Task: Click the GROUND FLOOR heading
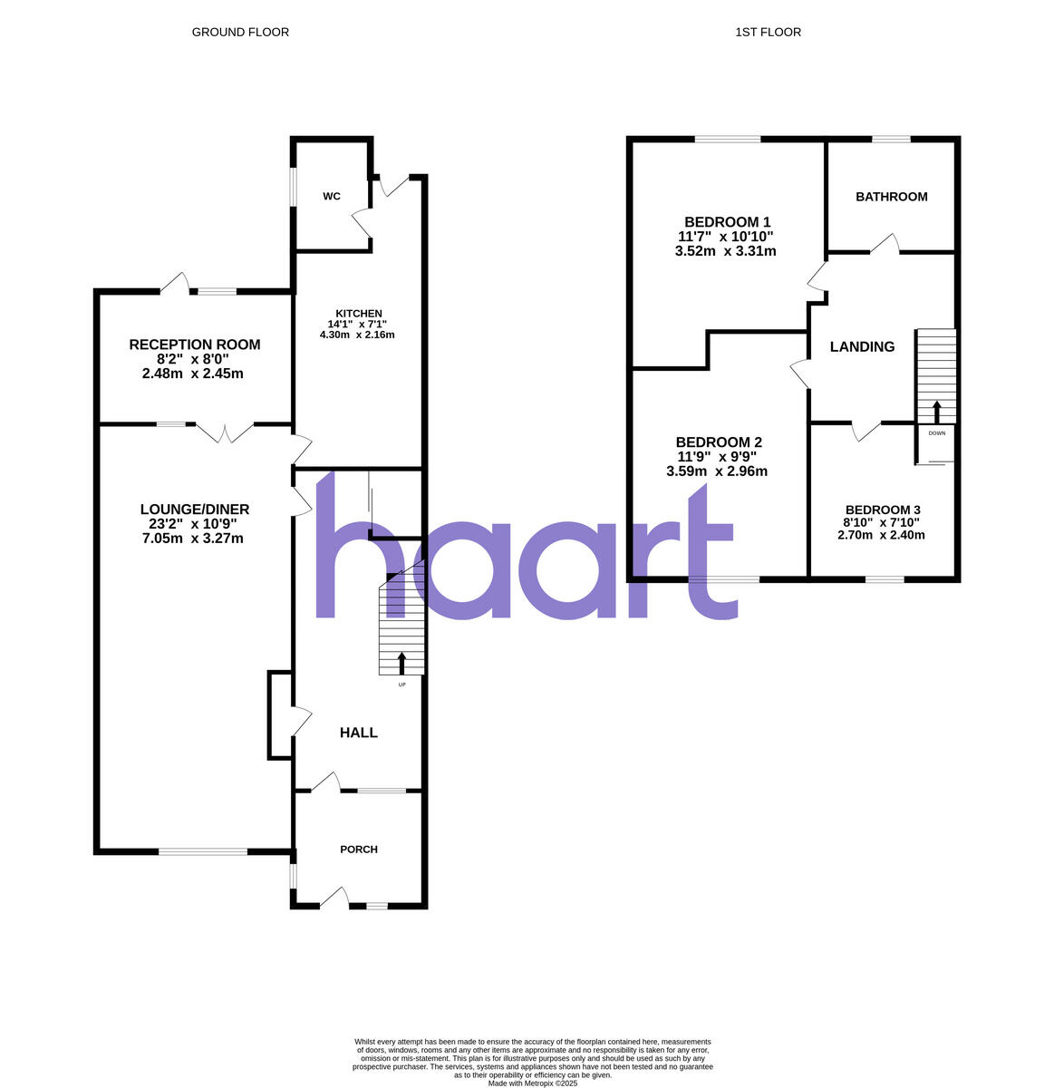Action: (240, 33)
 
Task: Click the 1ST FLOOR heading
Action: (768, 33)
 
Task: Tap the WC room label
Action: (332, 197)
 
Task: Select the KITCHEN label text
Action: (358, 314)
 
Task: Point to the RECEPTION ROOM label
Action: (195, 345)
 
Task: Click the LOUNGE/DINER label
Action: (195, 510)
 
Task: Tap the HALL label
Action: (359, 733)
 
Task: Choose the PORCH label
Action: (359, 850)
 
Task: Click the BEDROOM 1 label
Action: (727, 222)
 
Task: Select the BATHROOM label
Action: (892, 197)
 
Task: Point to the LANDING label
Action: (862, 346)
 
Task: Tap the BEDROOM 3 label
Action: (882, 510)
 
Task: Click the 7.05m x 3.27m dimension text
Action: (192, 539)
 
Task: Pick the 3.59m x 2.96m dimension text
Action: (716, 471)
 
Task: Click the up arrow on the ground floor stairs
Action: (401, 663)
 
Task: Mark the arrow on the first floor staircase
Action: (936, 411)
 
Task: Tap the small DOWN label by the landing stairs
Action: (936, 433)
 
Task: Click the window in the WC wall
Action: (292, 186)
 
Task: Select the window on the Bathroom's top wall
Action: (891, 139)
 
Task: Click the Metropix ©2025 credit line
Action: (532, 1083)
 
